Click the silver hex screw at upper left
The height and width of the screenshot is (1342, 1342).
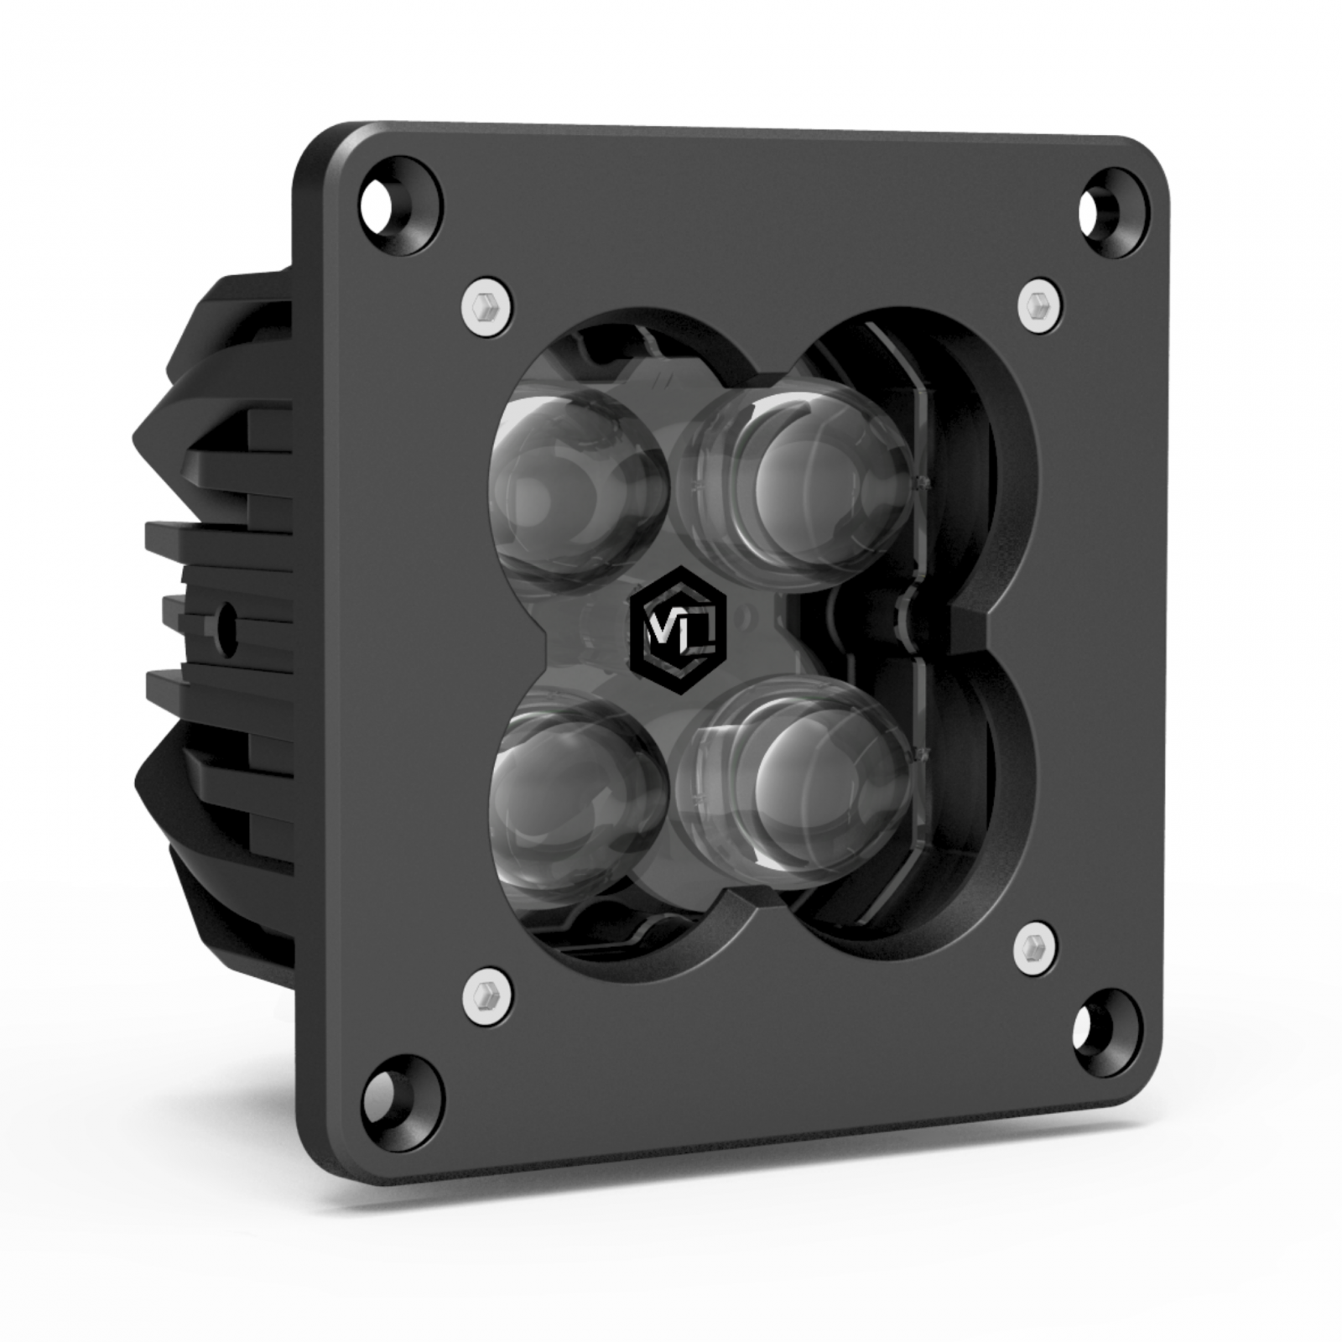(487, 306)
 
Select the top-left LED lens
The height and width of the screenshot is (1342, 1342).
(579, 495)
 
